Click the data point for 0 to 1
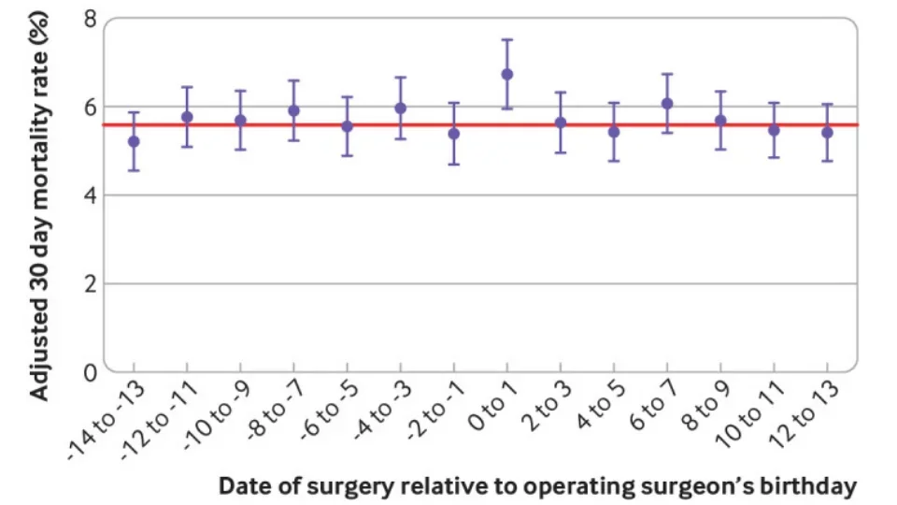507,74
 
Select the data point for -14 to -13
134,141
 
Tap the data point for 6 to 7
667,103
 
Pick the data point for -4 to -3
401,108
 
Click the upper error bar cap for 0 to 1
507,39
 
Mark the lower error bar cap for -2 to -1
454,165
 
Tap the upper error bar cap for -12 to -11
187,87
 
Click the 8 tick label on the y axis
90,18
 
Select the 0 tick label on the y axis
90,372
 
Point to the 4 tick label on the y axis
90,195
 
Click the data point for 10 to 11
774,130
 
